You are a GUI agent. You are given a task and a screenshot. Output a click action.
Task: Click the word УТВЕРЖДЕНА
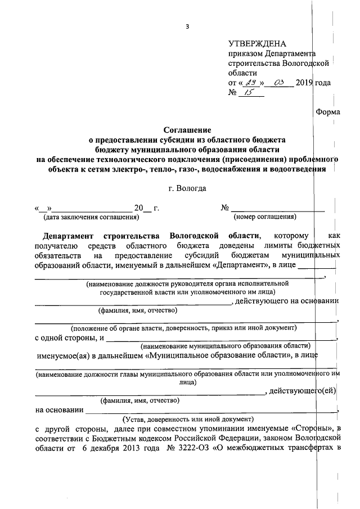257,44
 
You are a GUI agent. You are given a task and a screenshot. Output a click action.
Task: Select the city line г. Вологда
183,188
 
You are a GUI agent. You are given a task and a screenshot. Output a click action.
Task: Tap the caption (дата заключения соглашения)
91,217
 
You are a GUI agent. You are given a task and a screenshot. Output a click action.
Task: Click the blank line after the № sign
278,209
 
